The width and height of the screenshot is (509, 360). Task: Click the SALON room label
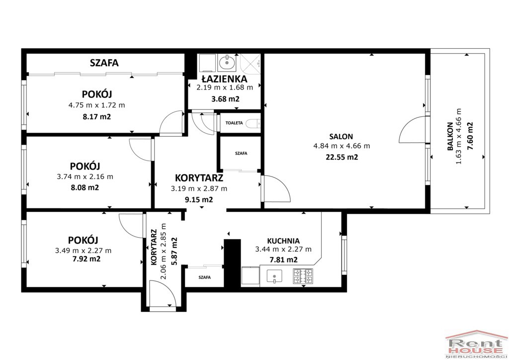pyautogui.click(x=341, y=137)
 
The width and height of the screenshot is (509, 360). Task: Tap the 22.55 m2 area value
pyautogui.click(x=341, y=157)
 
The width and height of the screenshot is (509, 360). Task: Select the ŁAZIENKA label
pyautogui.click(x=224, y=79)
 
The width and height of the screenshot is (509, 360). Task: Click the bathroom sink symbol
pyautogui.click(x=227, y=62)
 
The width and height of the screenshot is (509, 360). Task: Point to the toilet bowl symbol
pyautogui.click(x=253, y=123)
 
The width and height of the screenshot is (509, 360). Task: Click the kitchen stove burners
pyautogui.click(x=303, y=276)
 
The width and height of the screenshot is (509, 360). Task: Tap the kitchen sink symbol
pyautogui.click(x=274, y=276)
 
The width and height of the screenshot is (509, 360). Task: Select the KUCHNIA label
pyautogui.click(x=283, y=241)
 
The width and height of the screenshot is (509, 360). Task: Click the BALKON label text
pyautogui.click(x=450, y=136)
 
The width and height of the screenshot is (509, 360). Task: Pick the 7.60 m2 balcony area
pyautogui.click(x=469, y=136)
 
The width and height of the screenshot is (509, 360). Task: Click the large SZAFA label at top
pyautogui.click(x=104, y=63)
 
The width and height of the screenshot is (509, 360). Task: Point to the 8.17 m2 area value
pyautogui.click(x=97, y=116)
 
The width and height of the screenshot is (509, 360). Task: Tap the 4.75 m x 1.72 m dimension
pyautogui.click(x=97, y=105)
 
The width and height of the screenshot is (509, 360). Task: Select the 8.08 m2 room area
pyautogui.click(x=85, y=187)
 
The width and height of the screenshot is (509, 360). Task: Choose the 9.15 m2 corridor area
pyautogui.click(x=199, y=199)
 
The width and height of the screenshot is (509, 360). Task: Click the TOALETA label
pyautogui.click(x=234, y=123)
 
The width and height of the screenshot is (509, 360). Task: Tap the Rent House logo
pyautogui.click(x=476, y=345)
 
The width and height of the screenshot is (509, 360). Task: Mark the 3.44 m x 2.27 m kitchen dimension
pyautogui.click(x=283, y=249)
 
